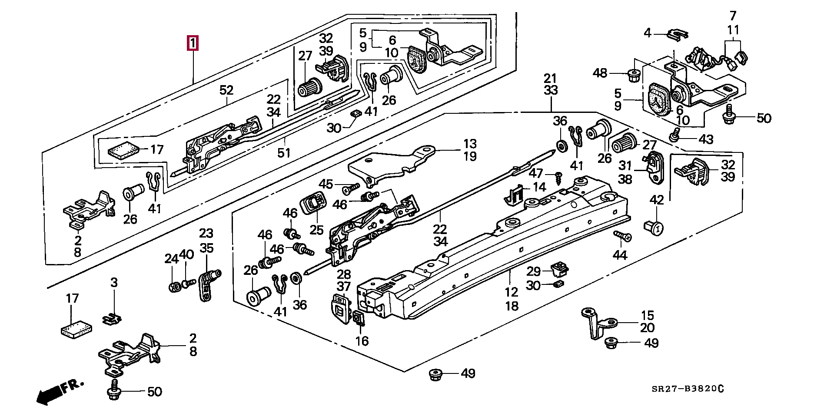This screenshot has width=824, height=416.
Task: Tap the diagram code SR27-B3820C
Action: coord(688,389)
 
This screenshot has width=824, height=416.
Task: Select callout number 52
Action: coord(226,90)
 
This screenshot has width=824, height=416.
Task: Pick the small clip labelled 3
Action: coord(112,319)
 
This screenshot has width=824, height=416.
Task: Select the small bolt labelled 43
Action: coord(674,136)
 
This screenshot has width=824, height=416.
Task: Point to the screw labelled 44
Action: coord(622,236)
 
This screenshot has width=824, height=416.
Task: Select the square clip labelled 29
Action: coord(559,269)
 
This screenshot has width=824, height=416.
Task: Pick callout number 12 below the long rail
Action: coord(512,292)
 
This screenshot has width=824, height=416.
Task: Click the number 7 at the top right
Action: coord(733,16)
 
